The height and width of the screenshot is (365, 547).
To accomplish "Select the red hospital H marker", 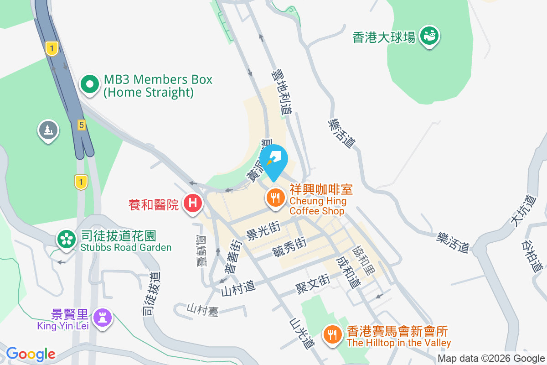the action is click(193, 203).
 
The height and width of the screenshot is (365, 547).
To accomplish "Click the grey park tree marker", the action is click(48, 130).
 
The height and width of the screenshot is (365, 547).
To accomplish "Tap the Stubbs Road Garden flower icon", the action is click(66, 239).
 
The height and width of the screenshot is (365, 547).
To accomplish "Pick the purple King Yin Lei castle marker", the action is click(102, 318).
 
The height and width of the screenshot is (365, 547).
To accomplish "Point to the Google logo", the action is click(31, 354).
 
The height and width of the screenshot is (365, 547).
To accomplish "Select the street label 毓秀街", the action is click(289, 248).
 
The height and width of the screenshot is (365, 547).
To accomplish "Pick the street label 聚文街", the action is click(313, 282).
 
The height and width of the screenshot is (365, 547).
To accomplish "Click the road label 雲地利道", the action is click(282, 92).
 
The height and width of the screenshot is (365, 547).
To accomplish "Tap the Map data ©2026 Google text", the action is click(491, 359).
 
